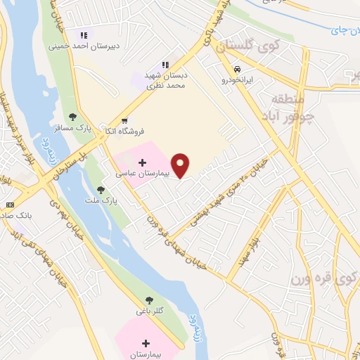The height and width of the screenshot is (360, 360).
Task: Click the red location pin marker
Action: point(181,165)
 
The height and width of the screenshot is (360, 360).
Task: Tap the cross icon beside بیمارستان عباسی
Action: point(142,162)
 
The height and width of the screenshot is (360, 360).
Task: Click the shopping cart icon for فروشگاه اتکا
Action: point(124,120)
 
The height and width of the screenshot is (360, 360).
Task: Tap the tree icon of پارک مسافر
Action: point(72,117)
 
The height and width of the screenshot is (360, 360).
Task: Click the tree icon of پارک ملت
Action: point(101,190)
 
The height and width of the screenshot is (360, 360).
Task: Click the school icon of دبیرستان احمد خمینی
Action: point(84,34)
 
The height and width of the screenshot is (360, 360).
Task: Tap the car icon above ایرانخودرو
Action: point(238,70)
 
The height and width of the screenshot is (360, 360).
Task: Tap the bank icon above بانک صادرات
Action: point(9,205)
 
